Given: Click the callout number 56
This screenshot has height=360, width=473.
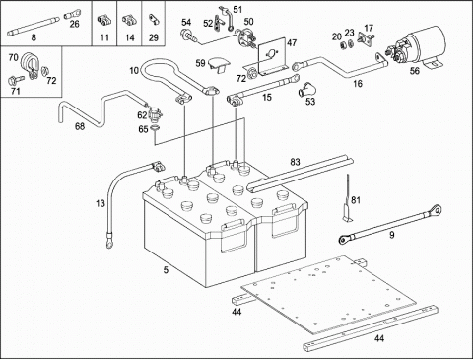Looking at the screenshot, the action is tap(415, 71).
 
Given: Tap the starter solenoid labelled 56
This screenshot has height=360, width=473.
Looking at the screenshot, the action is tap(417, 47).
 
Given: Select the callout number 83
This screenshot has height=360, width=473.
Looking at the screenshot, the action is tap(295, 162).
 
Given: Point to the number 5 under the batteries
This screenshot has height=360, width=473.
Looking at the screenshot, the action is tap(166, 270).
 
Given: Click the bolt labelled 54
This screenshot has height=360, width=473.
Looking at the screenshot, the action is tap(189, 36).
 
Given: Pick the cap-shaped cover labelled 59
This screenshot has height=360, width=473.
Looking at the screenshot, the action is tap(218, 64).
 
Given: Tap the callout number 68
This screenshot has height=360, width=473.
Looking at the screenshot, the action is tap(80, 126).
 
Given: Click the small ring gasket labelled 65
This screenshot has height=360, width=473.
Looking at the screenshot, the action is tap(154, 129).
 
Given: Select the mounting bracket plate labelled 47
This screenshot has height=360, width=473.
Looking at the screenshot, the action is tap(270, 56).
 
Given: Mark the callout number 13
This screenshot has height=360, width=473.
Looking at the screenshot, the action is tap(101, 203).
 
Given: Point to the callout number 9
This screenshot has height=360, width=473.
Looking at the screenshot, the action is tap(391, 235).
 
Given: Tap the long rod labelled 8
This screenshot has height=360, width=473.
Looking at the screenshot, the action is tap(34, 26).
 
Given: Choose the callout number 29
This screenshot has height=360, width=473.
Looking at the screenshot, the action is tap(154, 37).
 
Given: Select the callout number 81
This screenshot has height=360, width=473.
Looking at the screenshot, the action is tap(356, 200).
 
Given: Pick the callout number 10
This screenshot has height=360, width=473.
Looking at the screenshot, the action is tap(134, 70).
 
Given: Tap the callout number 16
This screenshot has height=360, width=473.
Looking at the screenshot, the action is tap(358, 84).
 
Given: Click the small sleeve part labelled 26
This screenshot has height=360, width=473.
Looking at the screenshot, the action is tap(71, 15).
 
